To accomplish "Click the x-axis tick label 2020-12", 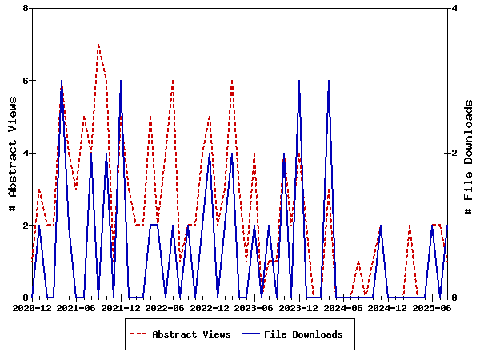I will (x=32, y=307).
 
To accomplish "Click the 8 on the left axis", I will (x=26, y=8).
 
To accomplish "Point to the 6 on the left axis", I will (x=26, y=81).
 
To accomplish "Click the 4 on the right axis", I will (x=454, y=8).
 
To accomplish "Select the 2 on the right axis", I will (x=454, y=153).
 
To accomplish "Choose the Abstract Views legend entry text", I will (x=191, y=334).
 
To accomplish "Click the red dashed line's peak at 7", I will (x=98, y=45).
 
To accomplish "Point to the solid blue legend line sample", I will (x=250, y=334).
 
